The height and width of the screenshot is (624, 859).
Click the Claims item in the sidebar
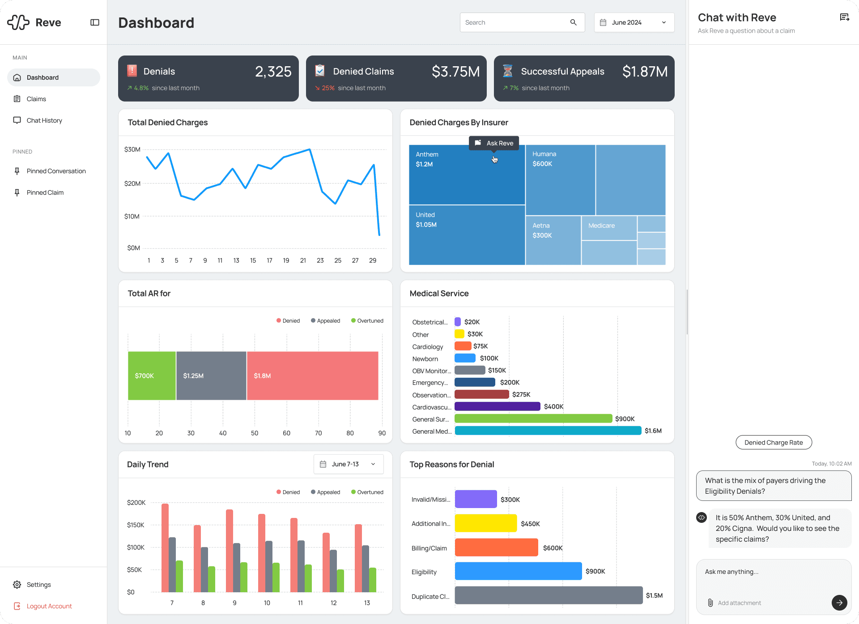click(x=36, y=99)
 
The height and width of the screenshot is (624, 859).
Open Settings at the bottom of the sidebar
click(x=38, y=585)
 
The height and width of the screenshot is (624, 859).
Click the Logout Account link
click(x=49, y=606)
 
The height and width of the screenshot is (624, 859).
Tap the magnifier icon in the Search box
click(x=573, y=22)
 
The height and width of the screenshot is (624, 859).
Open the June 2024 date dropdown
click(x=634, y=22)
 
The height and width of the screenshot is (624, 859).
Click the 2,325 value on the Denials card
click(x=273, y=72)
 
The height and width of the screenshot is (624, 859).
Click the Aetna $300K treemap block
click(x=553, y=240)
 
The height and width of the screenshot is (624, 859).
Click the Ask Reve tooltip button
click(x=494, y=143)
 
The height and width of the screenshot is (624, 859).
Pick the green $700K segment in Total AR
click(x=152, y=376)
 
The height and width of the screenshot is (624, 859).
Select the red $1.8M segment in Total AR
click(x=312, y=376)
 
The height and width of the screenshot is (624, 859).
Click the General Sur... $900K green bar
click(x=533, y=419)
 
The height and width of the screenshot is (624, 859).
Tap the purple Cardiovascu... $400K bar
click(x=497, y=406)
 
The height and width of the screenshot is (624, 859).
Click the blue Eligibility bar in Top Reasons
click(x=518, y=571)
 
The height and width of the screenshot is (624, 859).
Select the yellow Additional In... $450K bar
click(x=485, y=523)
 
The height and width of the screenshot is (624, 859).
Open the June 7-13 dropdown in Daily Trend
click(x=349, y=464)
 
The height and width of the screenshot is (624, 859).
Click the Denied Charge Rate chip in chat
click(x=774, y=442)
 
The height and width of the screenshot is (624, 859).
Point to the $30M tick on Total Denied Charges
click(x=132, y=150)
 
